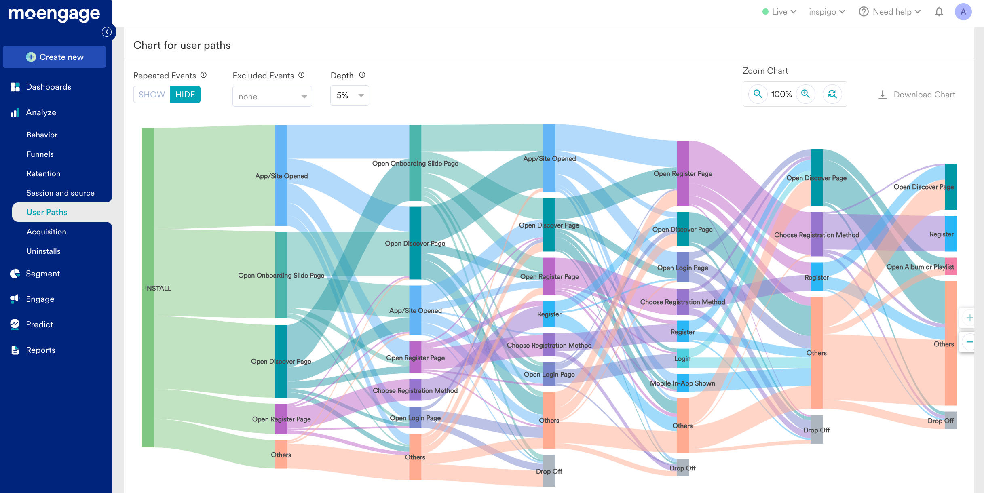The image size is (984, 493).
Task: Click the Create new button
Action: (54, 57)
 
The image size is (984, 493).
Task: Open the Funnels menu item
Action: (40, 154)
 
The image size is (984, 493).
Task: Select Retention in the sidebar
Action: (43, 173)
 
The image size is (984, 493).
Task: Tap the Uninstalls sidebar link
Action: (43, 251)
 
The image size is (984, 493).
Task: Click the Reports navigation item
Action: (40, 350)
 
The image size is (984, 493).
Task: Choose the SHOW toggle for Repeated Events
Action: (152, 95)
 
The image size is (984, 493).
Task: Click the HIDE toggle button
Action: (185, 95)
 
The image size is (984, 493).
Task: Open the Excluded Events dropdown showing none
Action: (272, 97)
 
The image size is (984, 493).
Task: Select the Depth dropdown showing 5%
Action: (349, 96)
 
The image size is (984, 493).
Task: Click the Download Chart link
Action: (916, 95)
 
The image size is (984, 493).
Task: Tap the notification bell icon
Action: (939, 12)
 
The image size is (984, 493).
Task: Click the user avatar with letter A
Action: (963, 12)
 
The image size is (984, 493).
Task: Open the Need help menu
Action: (889, 12)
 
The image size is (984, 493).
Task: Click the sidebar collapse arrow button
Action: (107, 32)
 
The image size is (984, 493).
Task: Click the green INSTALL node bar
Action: (148, 288)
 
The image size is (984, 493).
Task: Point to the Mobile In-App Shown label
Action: (682, 383)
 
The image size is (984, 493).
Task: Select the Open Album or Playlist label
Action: (920, 267)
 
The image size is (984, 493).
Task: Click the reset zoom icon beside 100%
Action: (832, 94)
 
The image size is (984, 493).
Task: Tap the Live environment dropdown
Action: (779, 12)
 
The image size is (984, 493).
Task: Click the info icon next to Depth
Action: (362, 75)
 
